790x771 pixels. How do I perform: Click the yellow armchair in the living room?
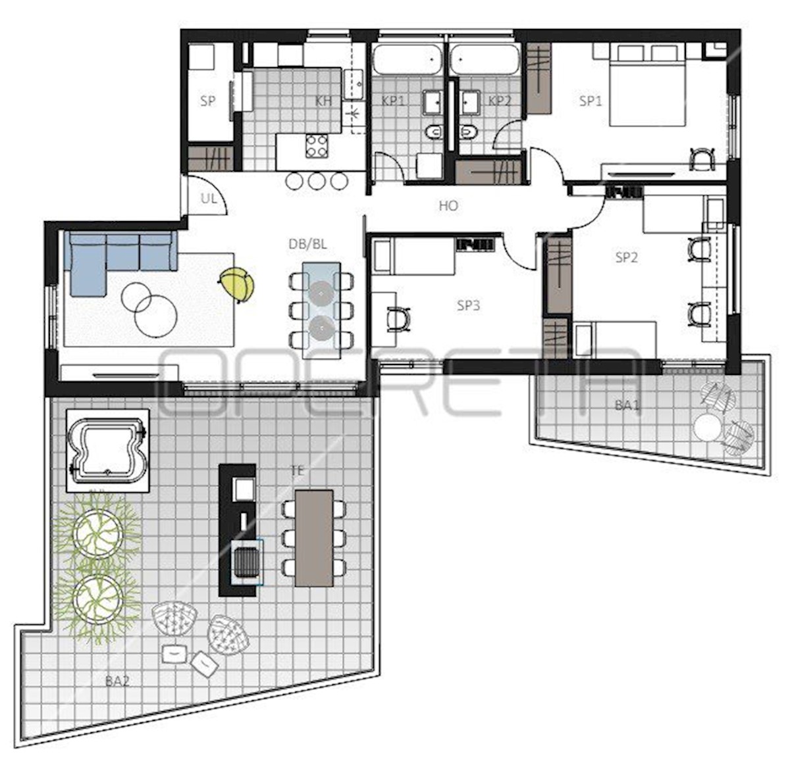tap(236, 285)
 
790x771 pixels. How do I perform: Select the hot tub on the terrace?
tap(107, 450)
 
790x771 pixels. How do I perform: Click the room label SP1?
tap(591, 101)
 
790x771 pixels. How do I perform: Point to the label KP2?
tap(499, 101)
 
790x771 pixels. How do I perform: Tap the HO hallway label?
tap(448, 206)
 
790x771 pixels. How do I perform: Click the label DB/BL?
tap(307, 244)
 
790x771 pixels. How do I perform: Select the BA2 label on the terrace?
tap(117, 681)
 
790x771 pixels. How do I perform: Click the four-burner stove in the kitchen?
tap(317, 146)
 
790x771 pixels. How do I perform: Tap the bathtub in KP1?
tap(407, 60)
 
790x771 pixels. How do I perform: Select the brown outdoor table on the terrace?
tap(314, 538)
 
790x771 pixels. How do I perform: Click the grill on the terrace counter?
tap(247, 562)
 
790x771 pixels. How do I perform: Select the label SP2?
tap(626, 257)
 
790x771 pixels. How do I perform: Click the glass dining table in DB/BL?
tap(321, 305)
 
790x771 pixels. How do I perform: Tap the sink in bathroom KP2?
tap(469, 101)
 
